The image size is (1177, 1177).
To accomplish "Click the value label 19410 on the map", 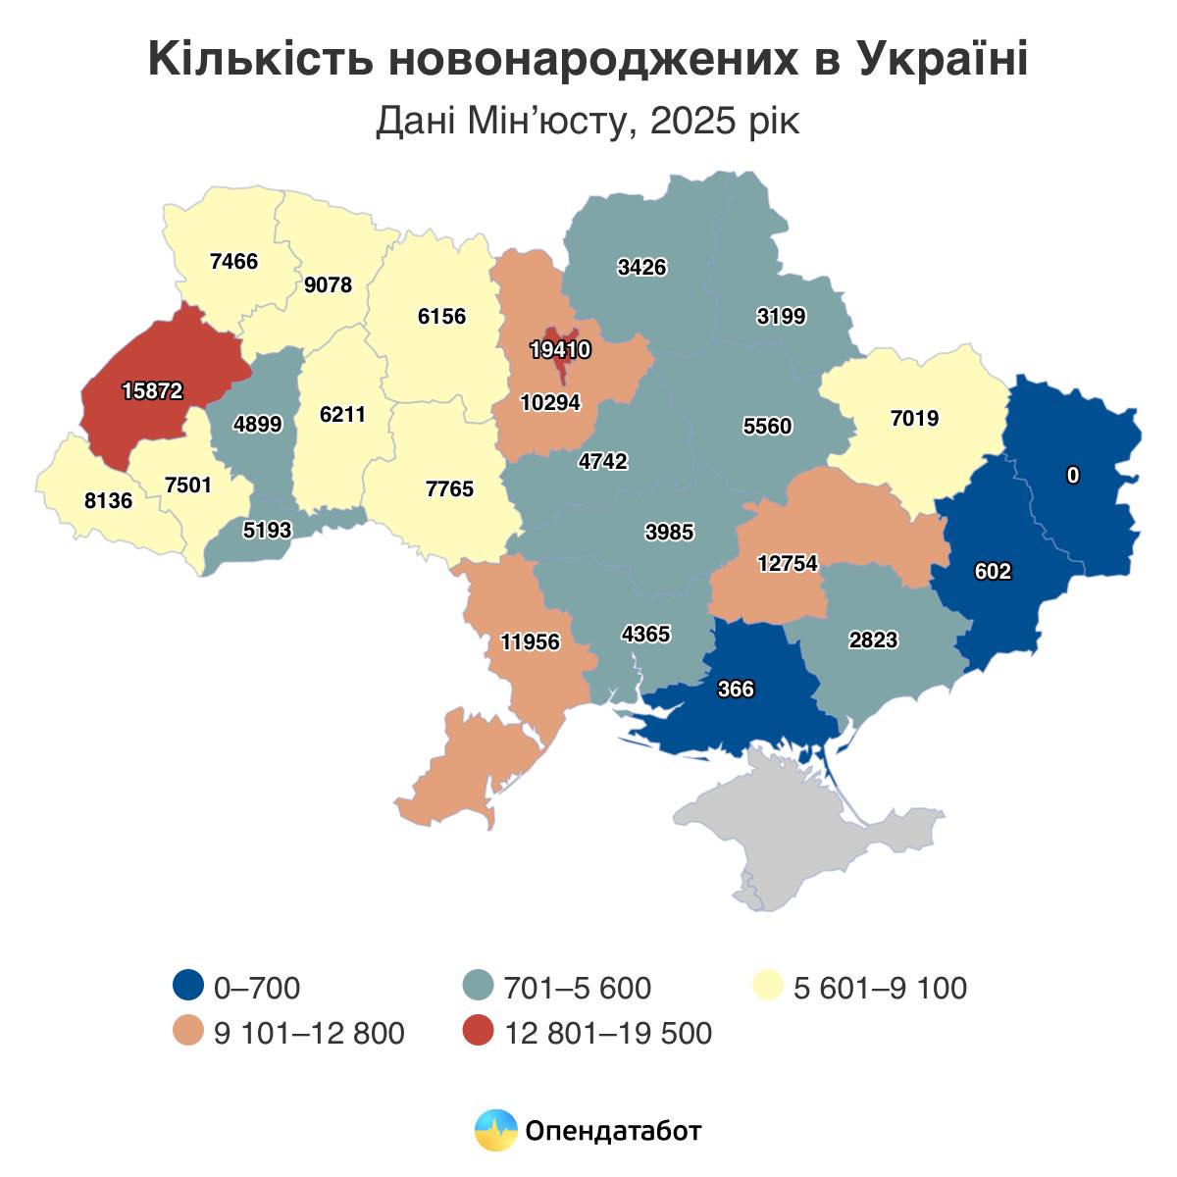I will point(560,349).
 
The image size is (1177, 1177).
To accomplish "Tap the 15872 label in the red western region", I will point(152,390).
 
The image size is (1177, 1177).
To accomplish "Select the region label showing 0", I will point(1073,476).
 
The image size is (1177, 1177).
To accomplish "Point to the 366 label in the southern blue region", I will point(736,690).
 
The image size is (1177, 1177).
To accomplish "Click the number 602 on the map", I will point(993,571).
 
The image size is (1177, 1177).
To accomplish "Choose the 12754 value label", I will point(787,564).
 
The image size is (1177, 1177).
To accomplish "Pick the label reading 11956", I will point(530,642).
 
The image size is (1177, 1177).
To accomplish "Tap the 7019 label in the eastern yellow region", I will point(914,419).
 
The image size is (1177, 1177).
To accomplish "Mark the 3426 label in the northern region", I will point(642,267).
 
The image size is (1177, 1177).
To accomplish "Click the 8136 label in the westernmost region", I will point(108,500).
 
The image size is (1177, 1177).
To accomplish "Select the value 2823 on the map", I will point(873,640).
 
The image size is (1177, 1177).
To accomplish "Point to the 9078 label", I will point(328,285).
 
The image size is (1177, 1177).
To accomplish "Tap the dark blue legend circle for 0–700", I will point(187,987).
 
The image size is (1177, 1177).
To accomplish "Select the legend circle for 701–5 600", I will point(478,987).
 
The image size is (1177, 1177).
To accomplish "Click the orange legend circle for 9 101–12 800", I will point(187,1033).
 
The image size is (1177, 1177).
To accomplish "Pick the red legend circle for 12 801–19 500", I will point(478,1033).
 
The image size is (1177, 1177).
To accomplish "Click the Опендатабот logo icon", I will point(495,1131).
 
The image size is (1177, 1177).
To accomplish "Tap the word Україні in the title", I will point(943,61).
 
